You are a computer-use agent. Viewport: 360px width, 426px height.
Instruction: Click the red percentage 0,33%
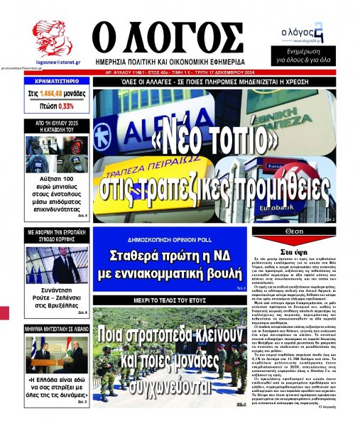coord(67,105)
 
